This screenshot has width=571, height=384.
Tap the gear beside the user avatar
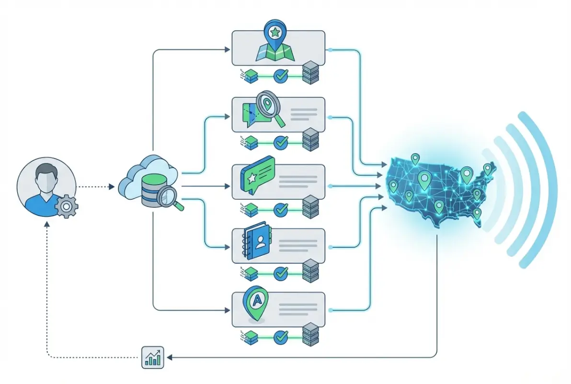67,207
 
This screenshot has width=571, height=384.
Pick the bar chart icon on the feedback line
153,358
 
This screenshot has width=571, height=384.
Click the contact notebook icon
258,245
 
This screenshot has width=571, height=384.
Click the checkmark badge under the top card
281,75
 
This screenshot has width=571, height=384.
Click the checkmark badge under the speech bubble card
281,209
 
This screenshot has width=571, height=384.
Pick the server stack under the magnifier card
310,139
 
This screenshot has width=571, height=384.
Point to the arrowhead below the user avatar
46,225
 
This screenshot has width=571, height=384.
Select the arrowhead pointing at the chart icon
169,358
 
